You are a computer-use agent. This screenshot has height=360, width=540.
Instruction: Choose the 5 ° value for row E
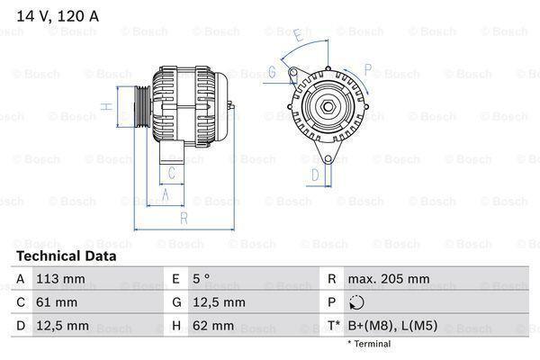point(202,279)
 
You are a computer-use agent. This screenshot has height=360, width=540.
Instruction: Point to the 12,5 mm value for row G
point(220,301)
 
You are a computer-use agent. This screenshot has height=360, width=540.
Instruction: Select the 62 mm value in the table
point(214,324)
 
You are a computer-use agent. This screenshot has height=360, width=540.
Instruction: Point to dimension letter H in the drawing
point(105,106)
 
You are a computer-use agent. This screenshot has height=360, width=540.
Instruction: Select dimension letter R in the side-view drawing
point(184,218)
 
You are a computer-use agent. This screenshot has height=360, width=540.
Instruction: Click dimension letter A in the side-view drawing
point(166,193)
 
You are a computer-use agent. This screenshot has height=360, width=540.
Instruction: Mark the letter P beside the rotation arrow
point(367,68)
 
